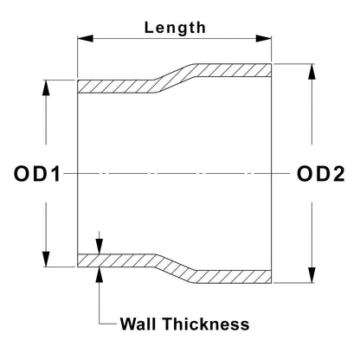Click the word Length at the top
tap(175, 28)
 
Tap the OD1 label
tap(37, 174)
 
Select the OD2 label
tap(321, 174)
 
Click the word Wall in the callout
tap(138, 324)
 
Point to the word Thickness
tap(206, 324)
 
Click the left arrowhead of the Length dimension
tap(86, 38)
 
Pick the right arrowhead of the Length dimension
tap(264, 38)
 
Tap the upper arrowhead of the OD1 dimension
tap(46, 87)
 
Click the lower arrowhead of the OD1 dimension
tap(46, 260)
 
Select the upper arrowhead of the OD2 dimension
tap(312, 72)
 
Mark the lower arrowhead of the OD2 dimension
tap(312, 275)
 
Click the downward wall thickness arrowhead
tap(100, 246)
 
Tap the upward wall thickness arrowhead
tap(100, 275)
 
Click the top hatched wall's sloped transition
tap(175, 79)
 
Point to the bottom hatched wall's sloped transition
tap(175, 268)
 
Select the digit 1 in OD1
tap(56, 174)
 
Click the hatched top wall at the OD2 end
tap(233, 70)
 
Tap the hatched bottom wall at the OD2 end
tap(233, 277)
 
